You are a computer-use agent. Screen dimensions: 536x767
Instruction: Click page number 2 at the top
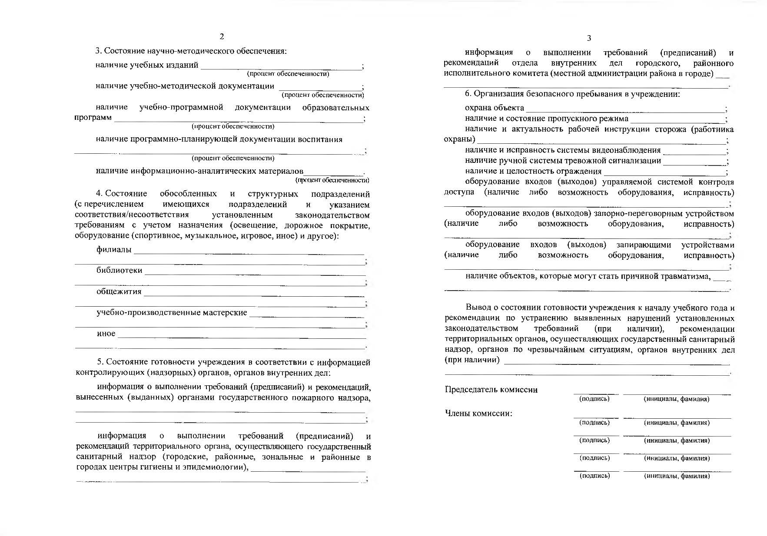click(222, 36)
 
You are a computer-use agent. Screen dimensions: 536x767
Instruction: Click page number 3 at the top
click(589, 38)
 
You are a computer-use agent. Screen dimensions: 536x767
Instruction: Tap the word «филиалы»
click(114, 250)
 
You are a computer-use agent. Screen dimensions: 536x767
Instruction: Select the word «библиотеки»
click(120, 270)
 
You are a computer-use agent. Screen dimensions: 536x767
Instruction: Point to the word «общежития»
click(119, 291)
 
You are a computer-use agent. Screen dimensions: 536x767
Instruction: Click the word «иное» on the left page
click(106, 334)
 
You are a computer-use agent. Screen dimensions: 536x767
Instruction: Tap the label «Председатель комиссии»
click(491, 390)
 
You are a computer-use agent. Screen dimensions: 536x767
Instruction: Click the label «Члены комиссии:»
click(478, 413)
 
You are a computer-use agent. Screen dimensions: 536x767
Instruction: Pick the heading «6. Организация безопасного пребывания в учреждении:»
click(572, 94)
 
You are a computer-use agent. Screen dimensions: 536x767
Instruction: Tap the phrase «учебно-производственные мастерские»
click(172, 313)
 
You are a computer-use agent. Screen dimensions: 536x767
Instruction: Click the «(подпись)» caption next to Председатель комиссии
click(594, 399)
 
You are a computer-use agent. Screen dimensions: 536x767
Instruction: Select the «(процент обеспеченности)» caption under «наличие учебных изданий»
click(288, 74)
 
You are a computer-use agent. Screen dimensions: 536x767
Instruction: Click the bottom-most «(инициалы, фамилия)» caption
click(677, 476)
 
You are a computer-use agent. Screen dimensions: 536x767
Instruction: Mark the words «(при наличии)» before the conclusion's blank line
click(472, 360)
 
